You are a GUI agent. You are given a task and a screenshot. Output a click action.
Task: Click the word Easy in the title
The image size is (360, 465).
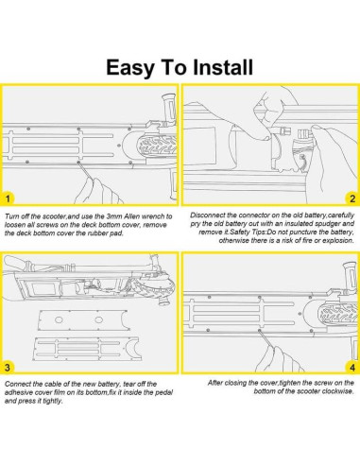(x=130, y=68)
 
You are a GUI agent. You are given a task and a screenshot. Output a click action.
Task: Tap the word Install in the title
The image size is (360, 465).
(x=223, y=67)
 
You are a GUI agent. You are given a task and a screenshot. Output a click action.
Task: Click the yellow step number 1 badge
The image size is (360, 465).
(x=8, y=198)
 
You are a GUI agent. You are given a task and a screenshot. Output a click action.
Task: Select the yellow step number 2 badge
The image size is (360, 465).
(x=352, y=198)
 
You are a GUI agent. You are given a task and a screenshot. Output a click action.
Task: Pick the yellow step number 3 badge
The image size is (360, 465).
(x=8, y=368)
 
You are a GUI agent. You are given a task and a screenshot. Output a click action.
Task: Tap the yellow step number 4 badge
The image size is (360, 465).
(x=352, y=368)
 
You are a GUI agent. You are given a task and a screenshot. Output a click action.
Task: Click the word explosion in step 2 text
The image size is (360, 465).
(x=338, y=240)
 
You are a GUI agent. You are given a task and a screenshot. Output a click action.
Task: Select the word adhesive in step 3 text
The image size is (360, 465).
(x=18, y=392)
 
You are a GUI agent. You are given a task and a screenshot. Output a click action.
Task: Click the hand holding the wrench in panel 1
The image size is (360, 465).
(x=98, y=192)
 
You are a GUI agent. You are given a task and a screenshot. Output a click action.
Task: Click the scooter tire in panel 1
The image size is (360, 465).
(x=157, y=145)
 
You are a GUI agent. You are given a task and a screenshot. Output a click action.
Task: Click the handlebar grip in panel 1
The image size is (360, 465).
(x=169, y=108)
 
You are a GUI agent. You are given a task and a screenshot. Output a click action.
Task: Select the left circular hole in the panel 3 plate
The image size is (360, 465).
(x=59, y=320)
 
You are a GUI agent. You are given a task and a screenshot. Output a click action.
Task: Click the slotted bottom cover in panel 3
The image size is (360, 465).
(x=86, y=349)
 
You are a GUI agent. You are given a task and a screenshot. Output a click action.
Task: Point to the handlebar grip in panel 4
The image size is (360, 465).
(x=351, y=276)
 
